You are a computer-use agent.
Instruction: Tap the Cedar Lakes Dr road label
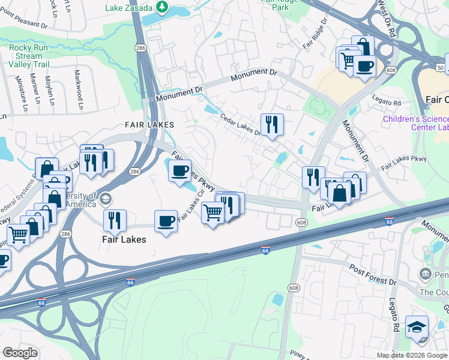tap(240, 125)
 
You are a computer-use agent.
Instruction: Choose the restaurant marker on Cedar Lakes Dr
tap(272, 125)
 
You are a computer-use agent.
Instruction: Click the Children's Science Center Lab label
tap(415, 123)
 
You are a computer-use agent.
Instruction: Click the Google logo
tap(20, 353)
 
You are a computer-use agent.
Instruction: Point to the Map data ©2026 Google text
tap(411, 355)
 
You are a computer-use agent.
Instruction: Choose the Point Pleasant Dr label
tap(24, 25)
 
